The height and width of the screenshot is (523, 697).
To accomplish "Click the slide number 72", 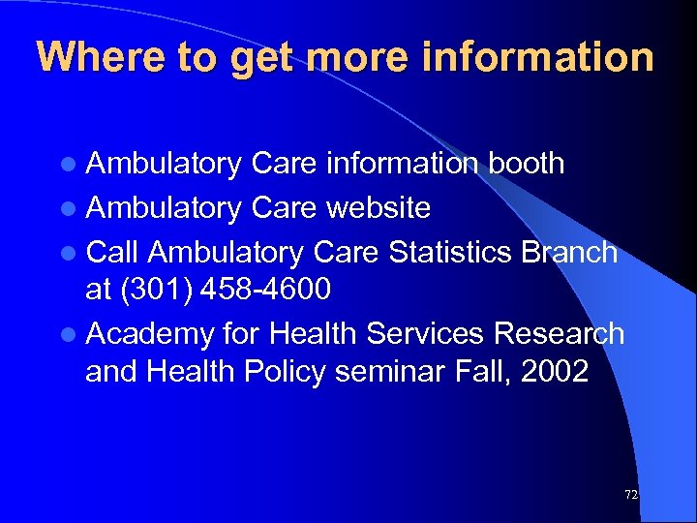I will click(631, 494).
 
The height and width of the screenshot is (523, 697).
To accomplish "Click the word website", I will click(379, 207).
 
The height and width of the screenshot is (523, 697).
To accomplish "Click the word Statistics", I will click(450, 252).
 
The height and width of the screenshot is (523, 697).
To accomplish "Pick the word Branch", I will click(569, 252).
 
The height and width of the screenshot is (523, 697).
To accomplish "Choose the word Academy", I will click(150, 334).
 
